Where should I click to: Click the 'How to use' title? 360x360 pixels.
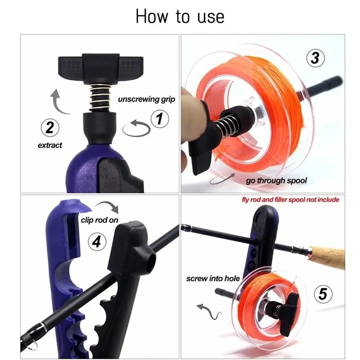[180, 17]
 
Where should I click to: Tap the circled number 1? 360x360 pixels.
[159, 120]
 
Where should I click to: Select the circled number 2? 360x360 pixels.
[50, 127]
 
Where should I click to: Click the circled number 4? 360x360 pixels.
[96, 242]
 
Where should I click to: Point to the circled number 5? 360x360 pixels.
[322, 294]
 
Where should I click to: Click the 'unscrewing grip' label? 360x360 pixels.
[146, 99]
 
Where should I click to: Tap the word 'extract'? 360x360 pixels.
[49, 145]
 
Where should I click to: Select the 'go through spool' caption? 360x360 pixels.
[276, 181]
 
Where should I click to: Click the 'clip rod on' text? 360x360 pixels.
[100, 220]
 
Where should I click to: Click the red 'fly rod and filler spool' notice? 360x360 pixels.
[291, 199]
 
